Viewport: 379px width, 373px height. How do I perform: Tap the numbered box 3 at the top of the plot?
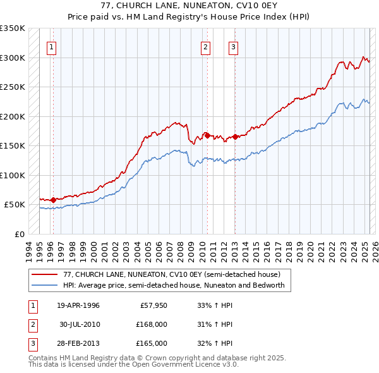[x=233, y=46]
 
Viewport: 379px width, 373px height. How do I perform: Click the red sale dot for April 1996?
[x=53, y=200]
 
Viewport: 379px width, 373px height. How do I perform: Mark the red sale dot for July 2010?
[x=207, y=135]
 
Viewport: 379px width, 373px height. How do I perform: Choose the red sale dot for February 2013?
[x=235, y=137]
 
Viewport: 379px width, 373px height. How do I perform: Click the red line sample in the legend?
[x=44, y=274]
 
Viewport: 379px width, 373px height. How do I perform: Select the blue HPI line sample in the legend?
[x=44, y=285]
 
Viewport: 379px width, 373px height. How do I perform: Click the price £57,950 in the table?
[x=151, y=305]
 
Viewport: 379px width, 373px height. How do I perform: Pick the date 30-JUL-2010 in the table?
[x=79, y=324]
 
